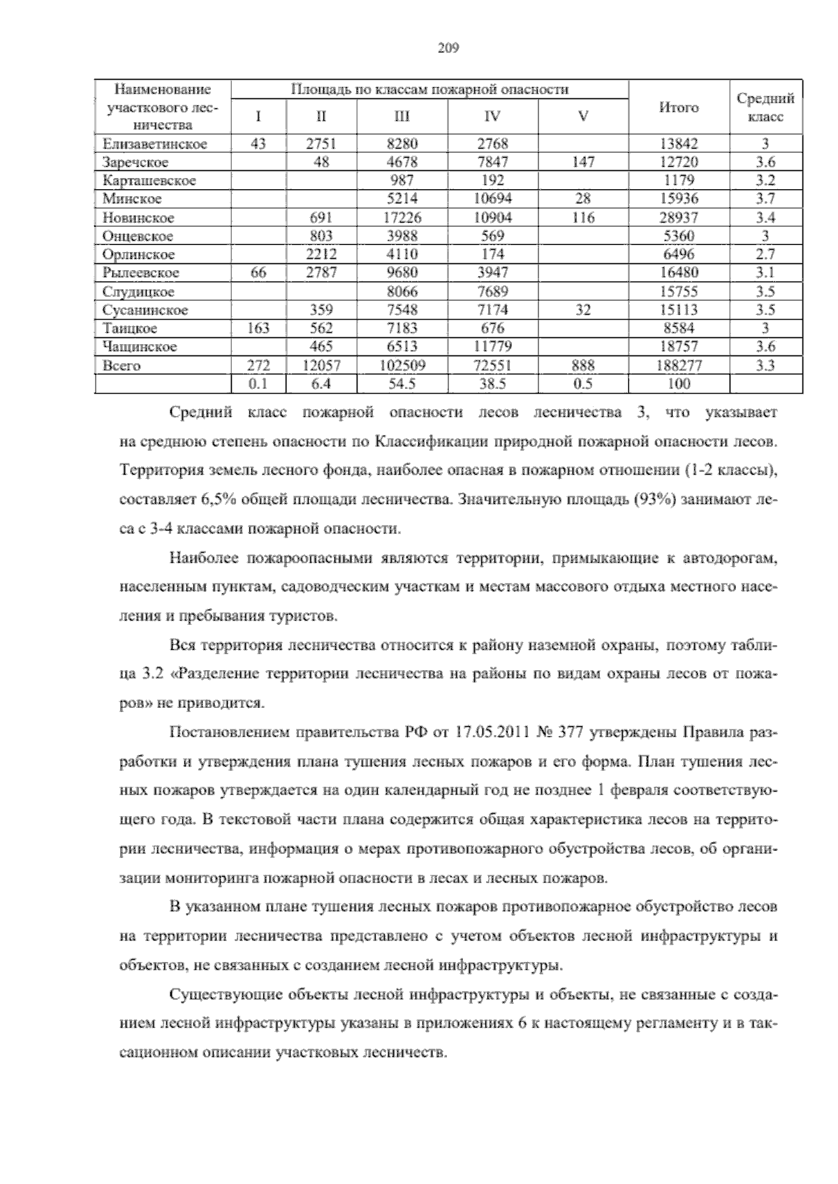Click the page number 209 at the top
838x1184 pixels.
(x=447, y=48)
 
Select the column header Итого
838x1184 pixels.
(x=679, y=108)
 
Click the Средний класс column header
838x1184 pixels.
(x=765, y=108)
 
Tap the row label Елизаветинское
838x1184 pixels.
(x=154, y=145)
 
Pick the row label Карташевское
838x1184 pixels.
(x=149, y=181)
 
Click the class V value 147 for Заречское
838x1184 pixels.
(x=582, y=163)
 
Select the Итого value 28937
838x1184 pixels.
(x=679, y=218)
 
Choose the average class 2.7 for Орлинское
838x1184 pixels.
(x=765, y=255)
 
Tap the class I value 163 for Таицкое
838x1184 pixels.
(x=258, y=328)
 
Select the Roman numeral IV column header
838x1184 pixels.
(x=492, y=117)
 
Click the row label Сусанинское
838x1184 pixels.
(x=145, y=310)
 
